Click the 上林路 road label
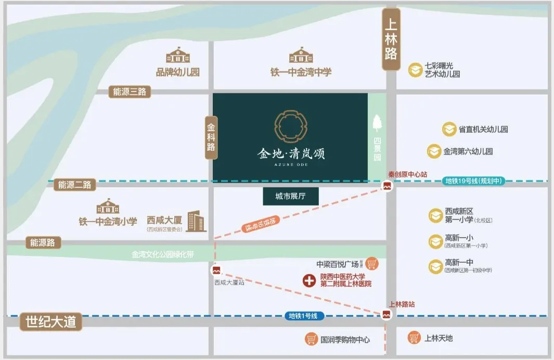391,39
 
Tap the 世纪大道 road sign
51,322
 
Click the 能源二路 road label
75,184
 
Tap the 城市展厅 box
290,196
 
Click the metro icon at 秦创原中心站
387,186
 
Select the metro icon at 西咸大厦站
216,271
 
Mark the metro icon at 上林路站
386,314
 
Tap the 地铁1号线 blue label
305,316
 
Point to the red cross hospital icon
310,281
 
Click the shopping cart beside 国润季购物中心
311,339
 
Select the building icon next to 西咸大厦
197,222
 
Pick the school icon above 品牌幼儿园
178,56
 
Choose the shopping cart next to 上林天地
414,338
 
